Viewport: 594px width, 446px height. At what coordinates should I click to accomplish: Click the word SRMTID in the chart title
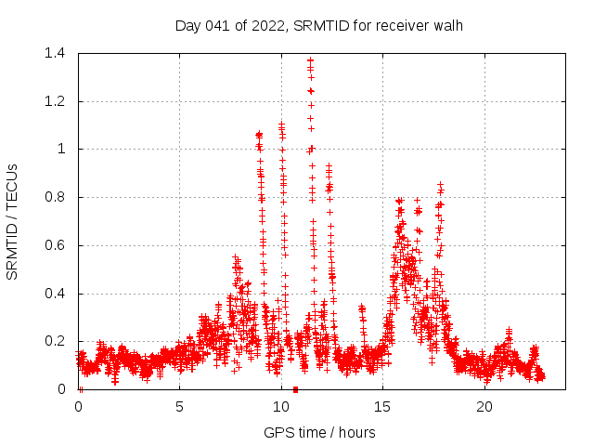[318, 25]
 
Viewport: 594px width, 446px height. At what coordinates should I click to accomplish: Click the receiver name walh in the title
[446, 25]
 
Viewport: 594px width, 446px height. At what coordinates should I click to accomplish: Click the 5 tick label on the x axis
[180, 407]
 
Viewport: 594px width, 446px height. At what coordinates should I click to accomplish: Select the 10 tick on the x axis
[281, 407]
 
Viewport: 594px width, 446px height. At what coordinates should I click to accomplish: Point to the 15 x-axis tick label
[383, 407]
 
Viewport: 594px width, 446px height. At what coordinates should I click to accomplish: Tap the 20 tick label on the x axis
[484, 407]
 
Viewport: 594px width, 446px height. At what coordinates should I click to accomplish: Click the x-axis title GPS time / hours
[319, 432]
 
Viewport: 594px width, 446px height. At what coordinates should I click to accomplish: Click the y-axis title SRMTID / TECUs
[13, 221]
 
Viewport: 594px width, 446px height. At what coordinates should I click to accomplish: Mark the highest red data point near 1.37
[311, 60]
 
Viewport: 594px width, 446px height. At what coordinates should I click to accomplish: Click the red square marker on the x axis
[295, 389]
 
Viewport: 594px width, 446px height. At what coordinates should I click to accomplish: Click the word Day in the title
[188, 25]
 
